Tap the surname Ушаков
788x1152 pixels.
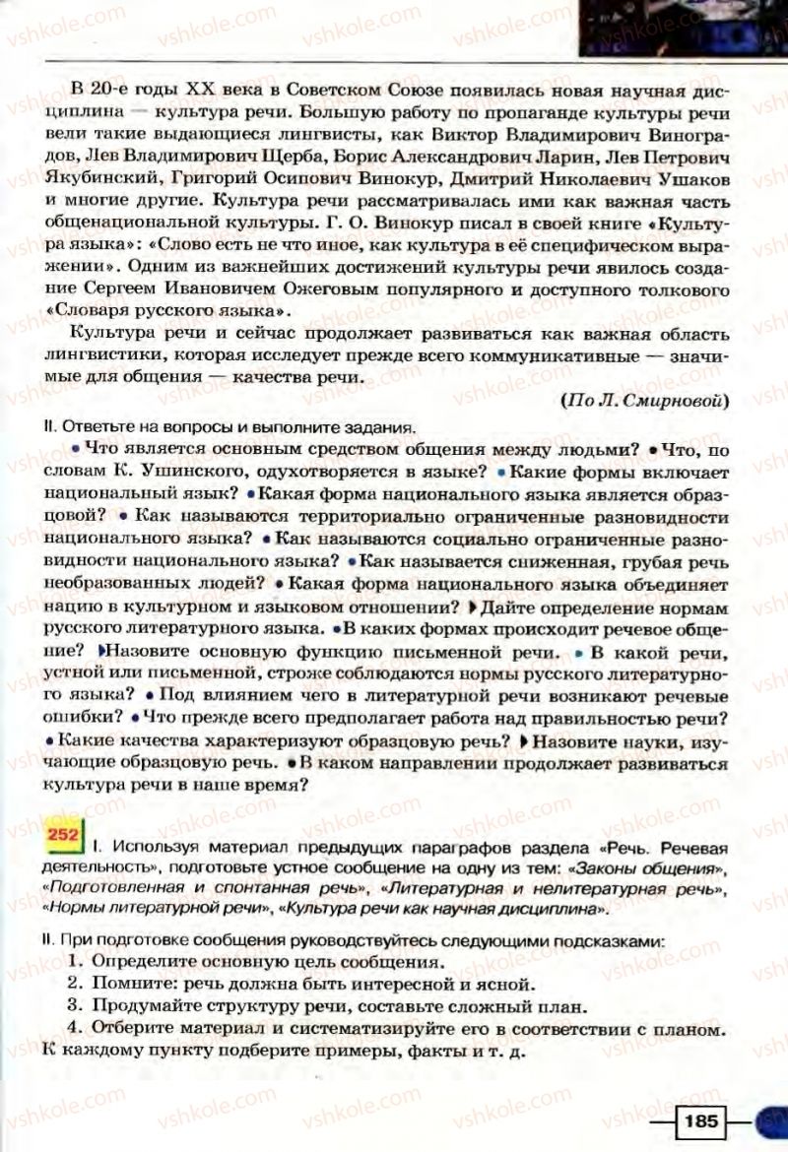pyautogui.click(x=688, y=181)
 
